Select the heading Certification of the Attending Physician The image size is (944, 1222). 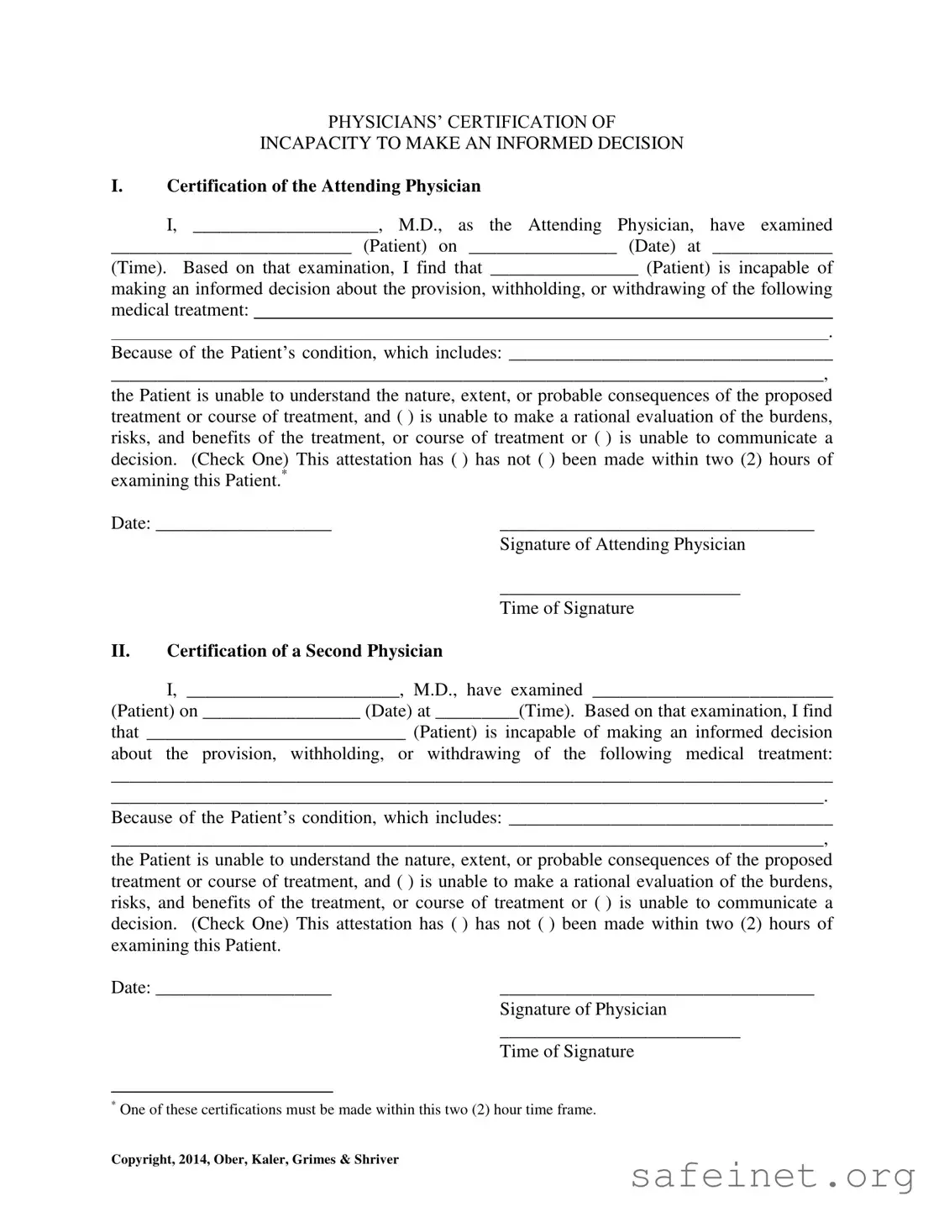(x=323, y=186)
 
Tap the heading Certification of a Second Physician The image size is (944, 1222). (x=304, y=651)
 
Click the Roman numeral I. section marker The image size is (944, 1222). (x=118, y=186)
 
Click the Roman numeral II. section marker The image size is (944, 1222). (x=121, y=651)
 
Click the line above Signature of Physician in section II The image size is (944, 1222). (x=656, y=993)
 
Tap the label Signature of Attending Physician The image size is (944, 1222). (x=622, y=545)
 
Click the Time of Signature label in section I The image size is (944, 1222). (x=567, y=609)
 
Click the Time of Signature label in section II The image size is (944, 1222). (x=567, y=1052)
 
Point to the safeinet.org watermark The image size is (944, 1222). (x=773, y=1177)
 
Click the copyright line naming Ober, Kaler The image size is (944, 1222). (x=254, y=1160)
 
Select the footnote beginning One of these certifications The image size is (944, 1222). (x=357, y=1110)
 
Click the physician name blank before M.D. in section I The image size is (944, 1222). (x=286, y=228)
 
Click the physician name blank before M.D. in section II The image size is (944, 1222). (x=293, y=694)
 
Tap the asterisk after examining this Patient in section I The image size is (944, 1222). (x=285, y=475)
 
